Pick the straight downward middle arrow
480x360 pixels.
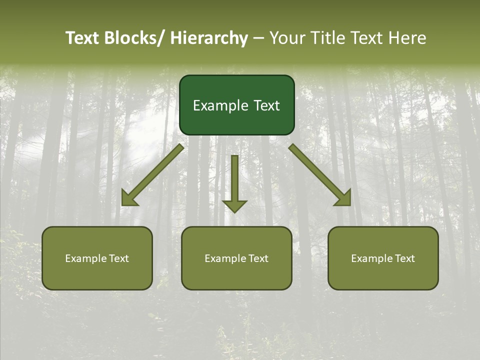pyautogui.click(x=234, y=182)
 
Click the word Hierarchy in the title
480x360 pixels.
pyautogui.click(x=209, y=38)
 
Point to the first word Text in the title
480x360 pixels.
pyautogui.click(x=83, y=38)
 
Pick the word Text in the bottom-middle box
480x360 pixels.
pyautogui.click(x=258, y=258)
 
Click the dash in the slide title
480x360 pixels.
pyautogui.click(x=258, y=38)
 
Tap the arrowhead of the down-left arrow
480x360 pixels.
pyautogui.click(x=128, y=199)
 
